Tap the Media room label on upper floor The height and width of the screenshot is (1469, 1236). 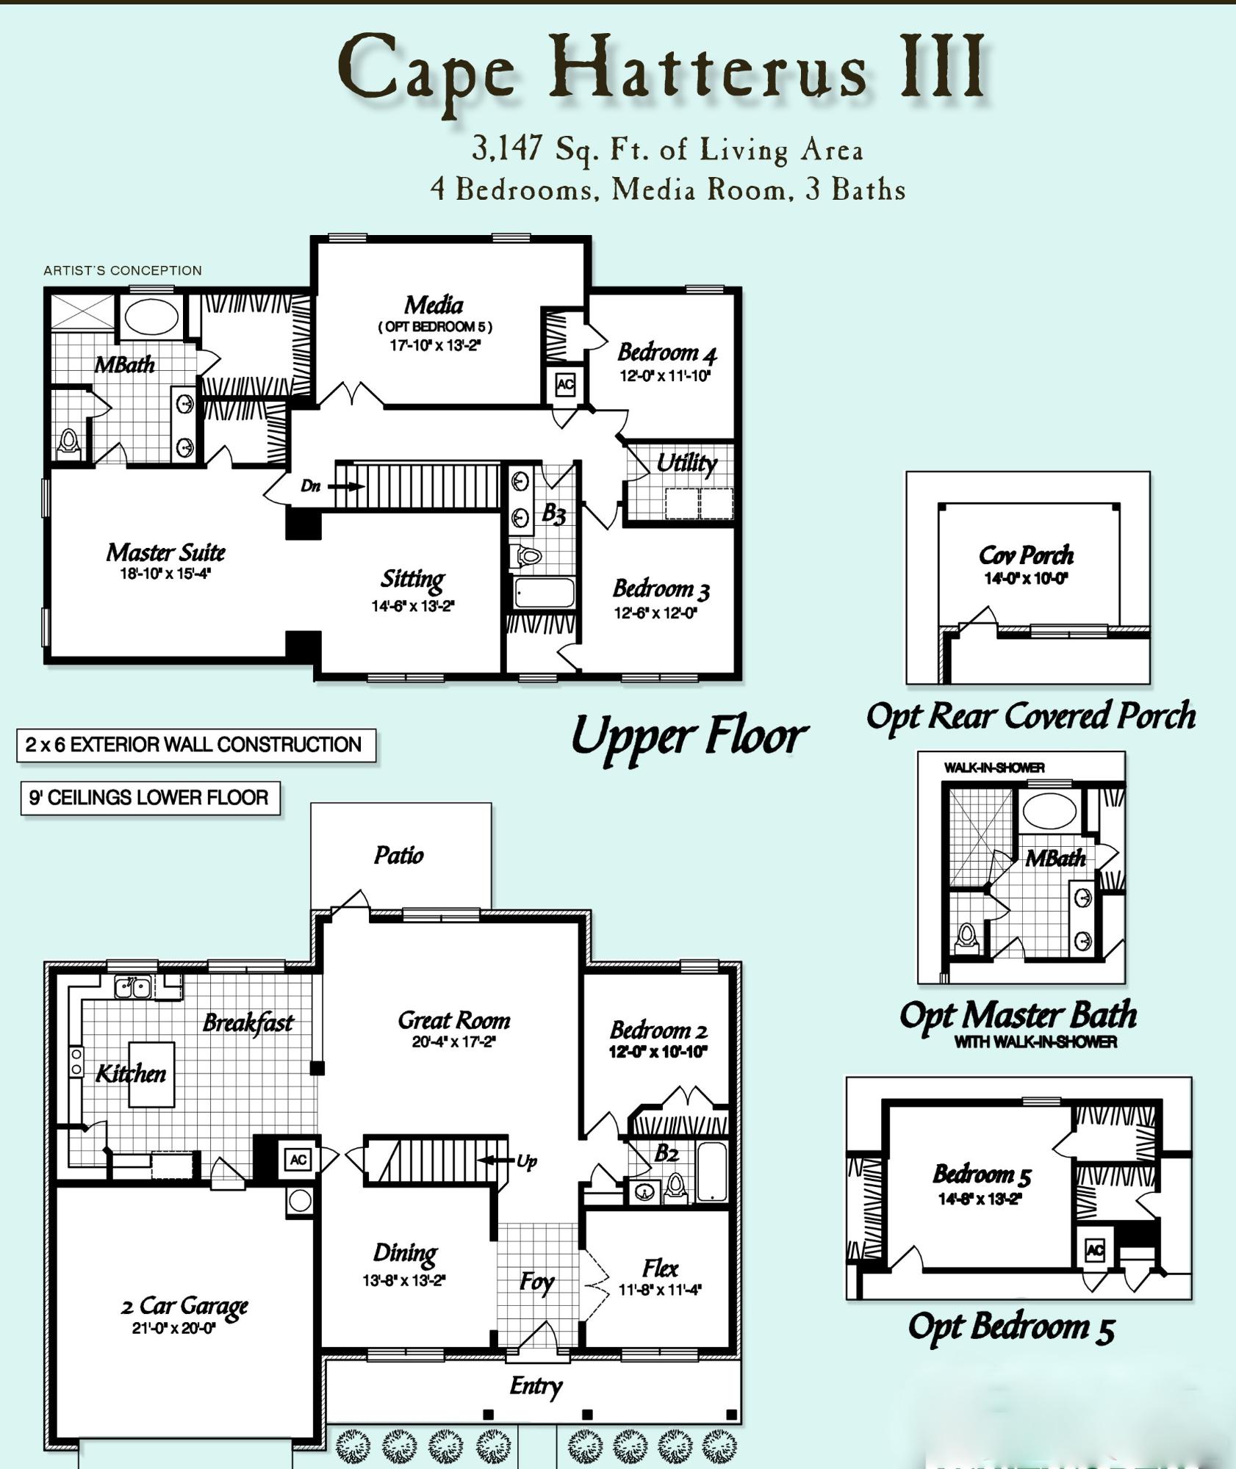[x=434, y=304]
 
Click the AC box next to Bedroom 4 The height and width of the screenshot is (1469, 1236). [x=565, y=384]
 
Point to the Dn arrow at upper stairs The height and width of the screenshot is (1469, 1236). [x=345, y=486]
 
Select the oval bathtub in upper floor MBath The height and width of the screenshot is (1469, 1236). [x=151, y=317]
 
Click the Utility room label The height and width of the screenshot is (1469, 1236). [x=686, y=463]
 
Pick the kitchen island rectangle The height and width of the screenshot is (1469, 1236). [x=151, y=1074]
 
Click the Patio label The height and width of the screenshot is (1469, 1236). [x=398, y=855]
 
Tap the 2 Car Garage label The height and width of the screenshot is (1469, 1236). [x=184, y=1305]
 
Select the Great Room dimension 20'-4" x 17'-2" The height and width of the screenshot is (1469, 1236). [x=453, y=1042]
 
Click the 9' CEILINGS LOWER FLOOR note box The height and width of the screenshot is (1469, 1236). [x=149, y=798]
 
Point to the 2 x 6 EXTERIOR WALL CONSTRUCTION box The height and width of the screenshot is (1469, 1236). [x=195, y=745]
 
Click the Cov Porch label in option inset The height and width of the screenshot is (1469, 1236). [x=1026, y=555]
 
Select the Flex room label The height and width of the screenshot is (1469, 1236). [x=660, y=1268]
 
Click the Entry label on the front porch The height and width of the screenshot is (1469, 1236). [x=536, y=1386]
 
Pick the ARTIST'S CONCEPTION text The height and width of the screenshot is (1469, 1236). [x=122, y=270]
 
